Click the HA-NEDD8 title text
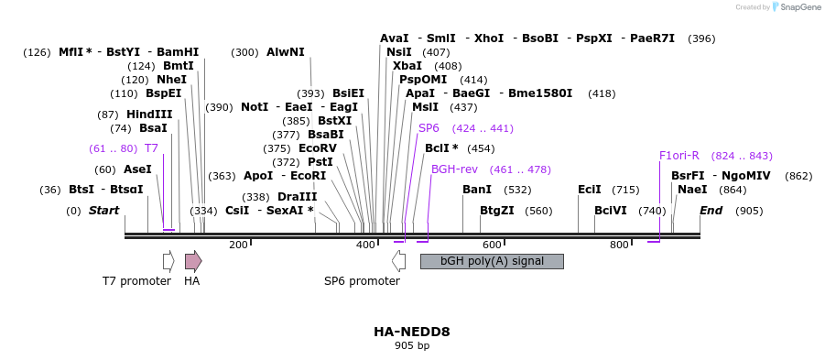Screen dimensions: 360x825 pos(412,332)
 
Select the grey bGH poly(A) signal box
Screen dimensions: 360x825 pos(492,261)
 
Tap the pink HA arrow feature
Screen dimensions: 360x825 pos(192,261)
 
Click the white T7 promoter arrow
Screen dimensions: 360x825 pos(168,261)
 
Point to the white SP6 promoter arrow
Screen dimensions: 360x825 pos(398,261)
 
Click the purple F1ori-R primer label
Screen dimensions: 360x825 pos(678,156)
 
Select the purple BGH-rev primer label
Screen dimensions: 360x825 pos(454,169)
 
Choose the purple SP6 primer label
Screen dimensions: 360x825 pos(429,128)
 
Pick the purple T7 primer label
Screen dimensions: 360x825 pos(151,148)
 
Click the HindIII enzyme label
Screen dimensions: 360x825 pos(149,115)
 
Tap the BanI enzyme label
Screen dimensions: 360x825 pos(477,190)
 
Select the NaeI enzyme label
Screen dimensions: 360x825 pos(692,190)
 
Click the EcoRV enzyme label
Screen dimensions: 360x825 pos(318,148)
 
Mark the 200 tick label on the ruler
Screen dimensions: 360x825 pos(239,245)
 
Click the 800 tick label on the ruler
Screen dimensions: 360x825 pos(619,245)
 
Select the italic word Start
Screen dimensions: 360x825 pos(103,211)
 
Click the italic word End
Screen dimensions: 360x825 pos(711,211)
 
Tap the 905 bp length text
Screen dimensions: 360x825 pos(412,346)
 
